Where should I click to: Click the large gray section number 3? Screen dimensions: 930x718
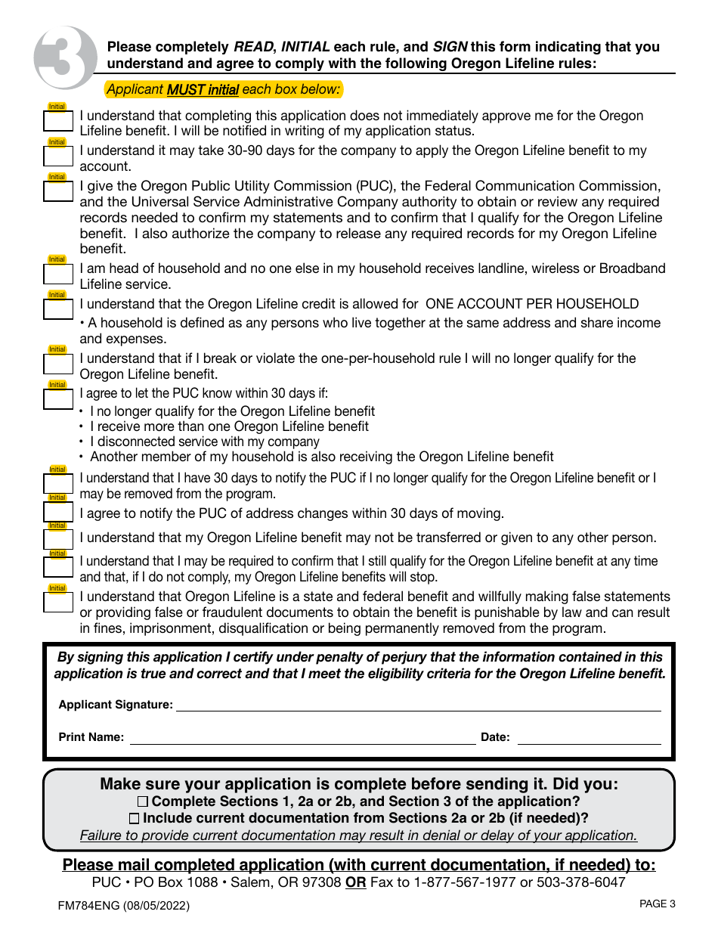coord(63,57)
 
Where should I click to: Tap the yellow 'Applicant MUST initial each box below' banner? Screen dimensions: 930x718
coord(224,89)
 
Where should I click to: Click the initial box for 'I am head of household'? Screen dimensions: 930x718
coord(57,274)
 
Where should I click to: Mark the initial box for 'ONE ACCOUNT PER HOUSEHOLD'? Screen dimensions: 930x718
coord(57,309)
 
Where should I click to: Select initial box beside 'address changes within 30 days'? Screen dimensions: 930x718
coord(57,512)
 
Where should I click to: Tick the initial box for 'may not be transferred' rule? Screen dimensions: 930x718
coord(57,539)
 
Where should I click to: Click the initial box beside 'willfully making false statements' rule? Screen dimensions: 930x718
coord(57,603)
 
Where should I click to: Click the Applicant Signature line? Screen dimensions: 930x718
coord(418,705)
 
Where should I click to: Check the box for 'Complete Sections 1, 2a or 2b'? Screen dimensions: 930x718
coord(143,801)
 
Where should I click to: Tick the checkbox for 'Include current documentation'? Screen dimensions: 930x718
coord(134,818)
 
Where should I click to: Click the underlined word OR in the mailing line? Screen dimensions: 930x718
coord(355,882)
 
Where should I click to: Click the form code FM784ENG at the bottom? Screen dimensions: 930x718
coord(89,905)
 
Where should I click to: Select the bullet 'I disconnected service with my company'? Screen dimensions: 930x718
coord(204,442)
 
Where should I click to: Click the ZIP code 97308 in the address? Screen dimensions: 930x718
coord(322,882)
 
